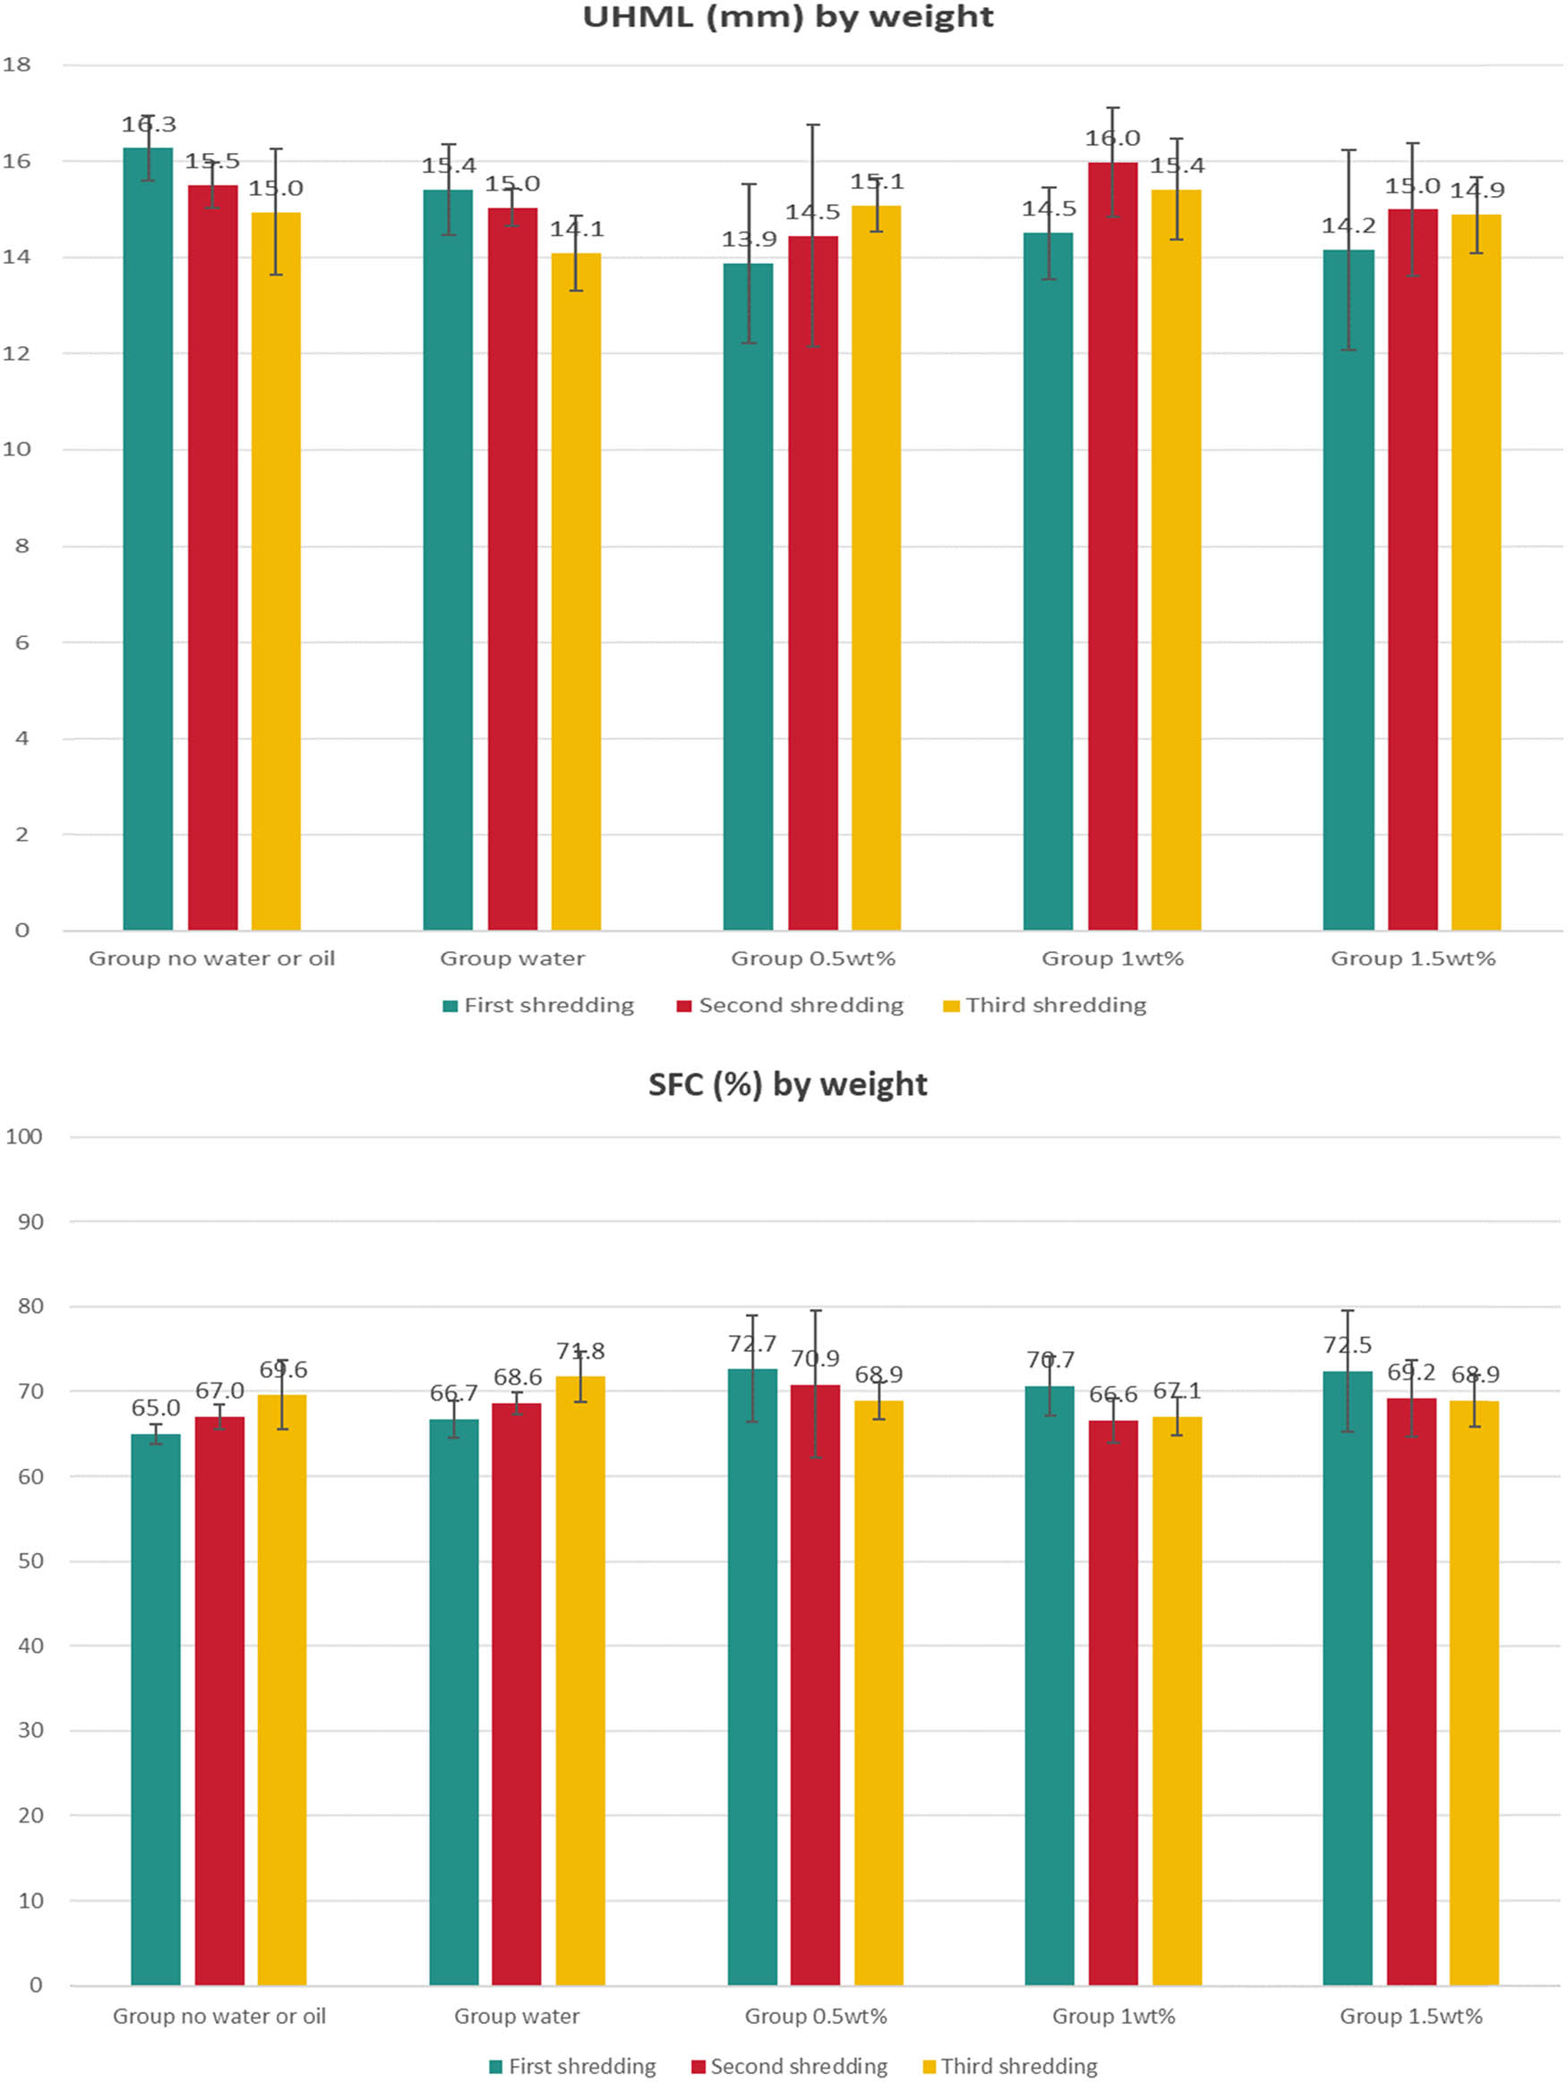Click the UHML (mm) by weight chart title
click(x=787, y=17)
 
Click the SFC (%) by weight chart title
click(x=787, y=1084)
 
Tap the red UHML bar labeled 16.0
click(x=1112, y=546)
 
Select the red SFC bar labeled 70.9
click(x=815, y=1685)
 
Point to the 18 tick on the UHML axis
click(x=17, y=65)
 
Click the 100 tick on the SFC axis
click(x=23, y=1136)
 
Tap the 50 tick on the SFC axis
click(x=30, y=1561)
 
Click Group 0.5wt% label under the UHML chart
click(x=813, y=958)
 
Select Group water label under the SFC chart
click(x=516, y=2016)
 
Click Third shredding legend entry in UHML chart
click(x=1055, y=1006)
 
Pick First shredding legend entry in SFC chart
click(x=581, y=2066)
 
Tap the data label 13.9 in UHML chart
click(x=749, y=239)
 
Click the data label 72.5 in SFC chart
click(x=1347, y=1345)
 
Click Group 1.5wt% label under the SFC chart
click(x=1410, y=2016)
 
